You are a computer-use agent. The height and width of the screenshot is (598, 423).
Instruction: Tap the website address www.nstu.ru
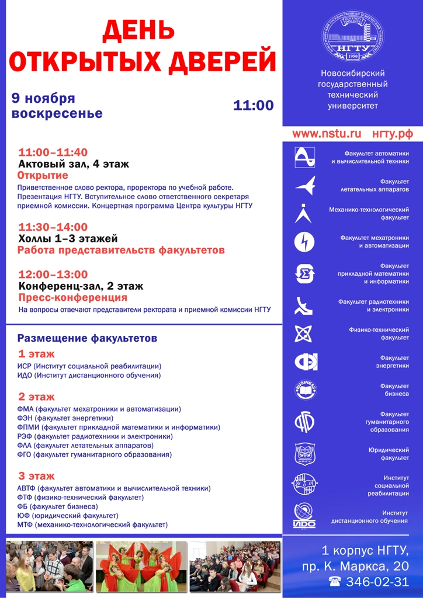pos(327,134)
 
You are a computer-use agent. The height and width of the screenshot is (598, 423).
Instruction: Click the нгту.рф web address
pos(392,134)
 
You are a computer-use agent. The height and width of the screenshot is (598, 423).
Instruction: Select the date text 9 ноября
pos(44,98)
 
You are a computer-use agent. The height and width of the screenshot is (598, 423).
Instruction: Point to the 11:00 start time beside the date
pos(253,105)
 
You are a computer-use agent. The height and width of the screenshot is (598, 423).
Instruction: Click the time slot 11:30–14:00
pos(53,227)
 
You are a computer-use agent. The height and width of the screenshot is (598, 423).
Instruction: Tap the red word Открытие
pos(43,176)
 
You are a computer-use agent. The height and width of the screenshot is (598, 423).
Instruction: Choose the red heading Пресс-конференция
pos(73,298)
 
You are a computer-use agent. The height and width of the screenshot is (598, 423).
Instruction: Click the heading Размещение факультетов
pos(87,338)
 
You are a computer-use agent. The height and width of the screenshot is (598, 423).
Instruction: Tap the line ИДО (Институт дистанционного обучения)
pos(89,376)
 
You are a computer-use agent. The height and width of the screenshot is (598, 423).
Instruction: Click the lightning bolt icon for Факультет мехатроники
pos(304,242)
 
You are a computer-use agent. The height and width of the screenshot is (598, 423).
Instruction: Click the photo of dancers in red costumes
pos(141,566)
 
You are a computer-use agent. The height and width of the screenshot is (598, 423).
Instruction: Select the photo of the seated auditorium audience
pos(234,566)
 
